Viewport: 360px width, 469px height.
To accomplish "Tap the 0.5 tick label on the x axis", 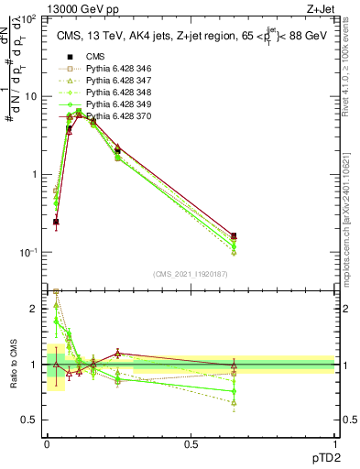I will point(191,444).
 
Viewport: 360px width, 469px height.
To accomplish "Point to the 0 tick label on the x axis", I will point(47,444).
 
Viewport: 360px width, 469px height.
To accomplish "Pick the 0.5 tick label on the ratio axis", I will point(32,420).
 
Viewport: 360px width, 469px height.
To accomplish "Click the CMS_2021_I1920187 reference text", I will point(191,274).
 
